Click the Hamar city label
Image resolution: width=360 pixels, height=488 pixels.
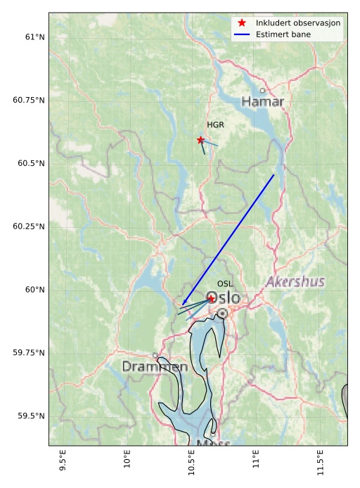tap(262, 102)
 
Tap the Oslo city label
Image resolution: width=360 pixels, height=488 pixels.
tap(223, 298)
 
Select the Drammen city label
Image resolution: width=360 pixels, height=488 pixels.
tap(155, 367)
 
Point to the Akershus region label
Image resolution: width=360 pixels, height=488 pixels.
tap(295, 282)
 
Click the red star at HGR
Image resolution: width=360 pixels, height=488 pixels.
tap(201, 140)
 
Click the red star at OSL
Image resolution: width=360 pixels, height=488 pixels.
tap(211, 299)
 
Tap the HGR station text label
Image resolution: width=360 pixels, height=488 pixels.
tap(215, 125)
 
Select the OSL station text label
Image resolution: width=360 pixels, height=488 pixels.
tap(224, 284)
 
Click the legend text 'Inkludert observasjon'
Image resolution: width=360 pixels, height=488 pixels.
tap(298, 23)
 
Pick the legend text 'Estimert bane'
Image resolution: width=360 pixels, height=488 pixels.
tap(285, 34)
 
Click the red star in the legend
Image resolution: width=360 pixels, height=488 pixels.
tap(242, 23)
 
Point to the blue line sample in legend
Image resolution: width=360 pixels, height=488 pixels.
tap(242, 34)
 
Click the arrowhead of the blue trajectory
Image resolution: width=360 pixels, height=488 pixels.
tap(183, 304)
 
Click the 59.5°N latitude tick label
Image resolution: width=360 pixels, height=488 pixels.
tap(29, 416)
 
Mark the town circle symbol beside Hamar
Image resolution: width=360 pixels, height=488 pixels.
tap(263, 90)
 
